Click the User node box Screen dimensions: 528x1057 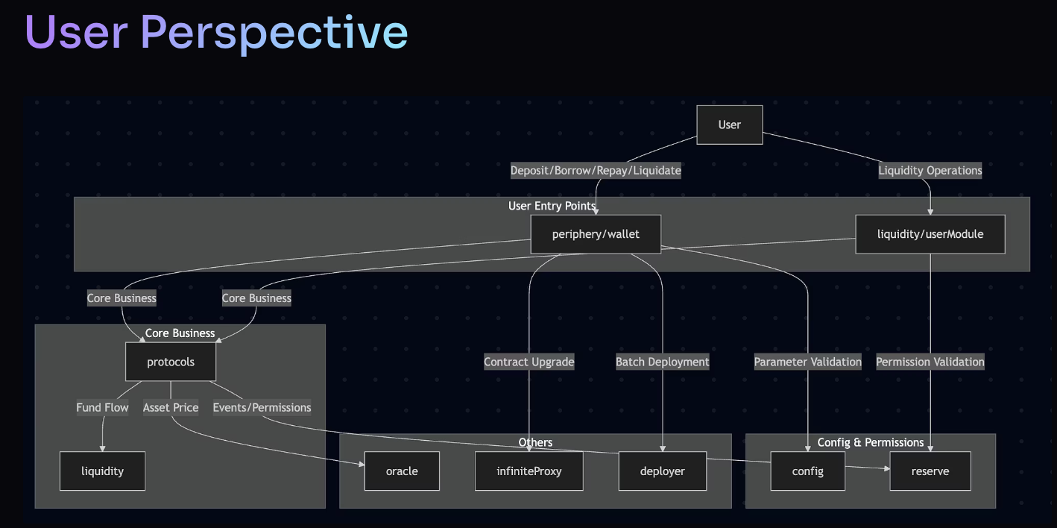pos(729,125)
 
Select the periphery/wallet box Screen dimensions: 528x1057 pos(596,234)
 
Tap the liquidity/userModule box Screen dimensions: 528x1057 pos(930,234)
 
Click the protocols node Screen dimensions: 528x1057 pos(171,362)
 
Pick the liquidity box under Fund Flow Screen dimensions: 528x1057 pos(102,471)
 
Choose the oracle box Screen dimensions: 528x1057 pos(402,471)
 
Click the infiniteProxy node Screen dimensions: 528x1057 pos(529,471)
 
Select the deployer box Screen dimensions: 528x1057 pos(662,471)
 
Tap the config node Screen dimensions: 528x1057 pos(807,471)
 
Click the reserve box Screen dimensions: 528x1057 pos(930,471)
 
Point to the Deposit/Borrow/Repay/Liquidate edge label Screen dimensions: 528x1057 pos(596,171)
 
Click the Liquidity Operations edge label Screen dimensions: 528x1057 pos(930,171)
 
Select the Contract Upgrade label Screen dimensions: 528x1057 pos(529,362)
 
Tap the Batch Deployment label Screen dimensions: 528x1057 pos(662,362)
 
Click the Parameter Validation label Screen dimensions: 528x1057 pos(807,362)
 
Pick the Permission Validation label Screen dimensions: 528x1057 pos(930,362)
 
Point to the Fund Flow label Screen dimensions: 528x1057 pos(102,407)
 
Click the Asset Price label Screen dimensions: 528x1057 pos(171,407)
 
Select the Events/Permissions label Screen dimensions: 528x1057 pos(262,407)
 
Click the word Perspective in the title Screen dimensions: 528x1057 pos(274,33)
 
